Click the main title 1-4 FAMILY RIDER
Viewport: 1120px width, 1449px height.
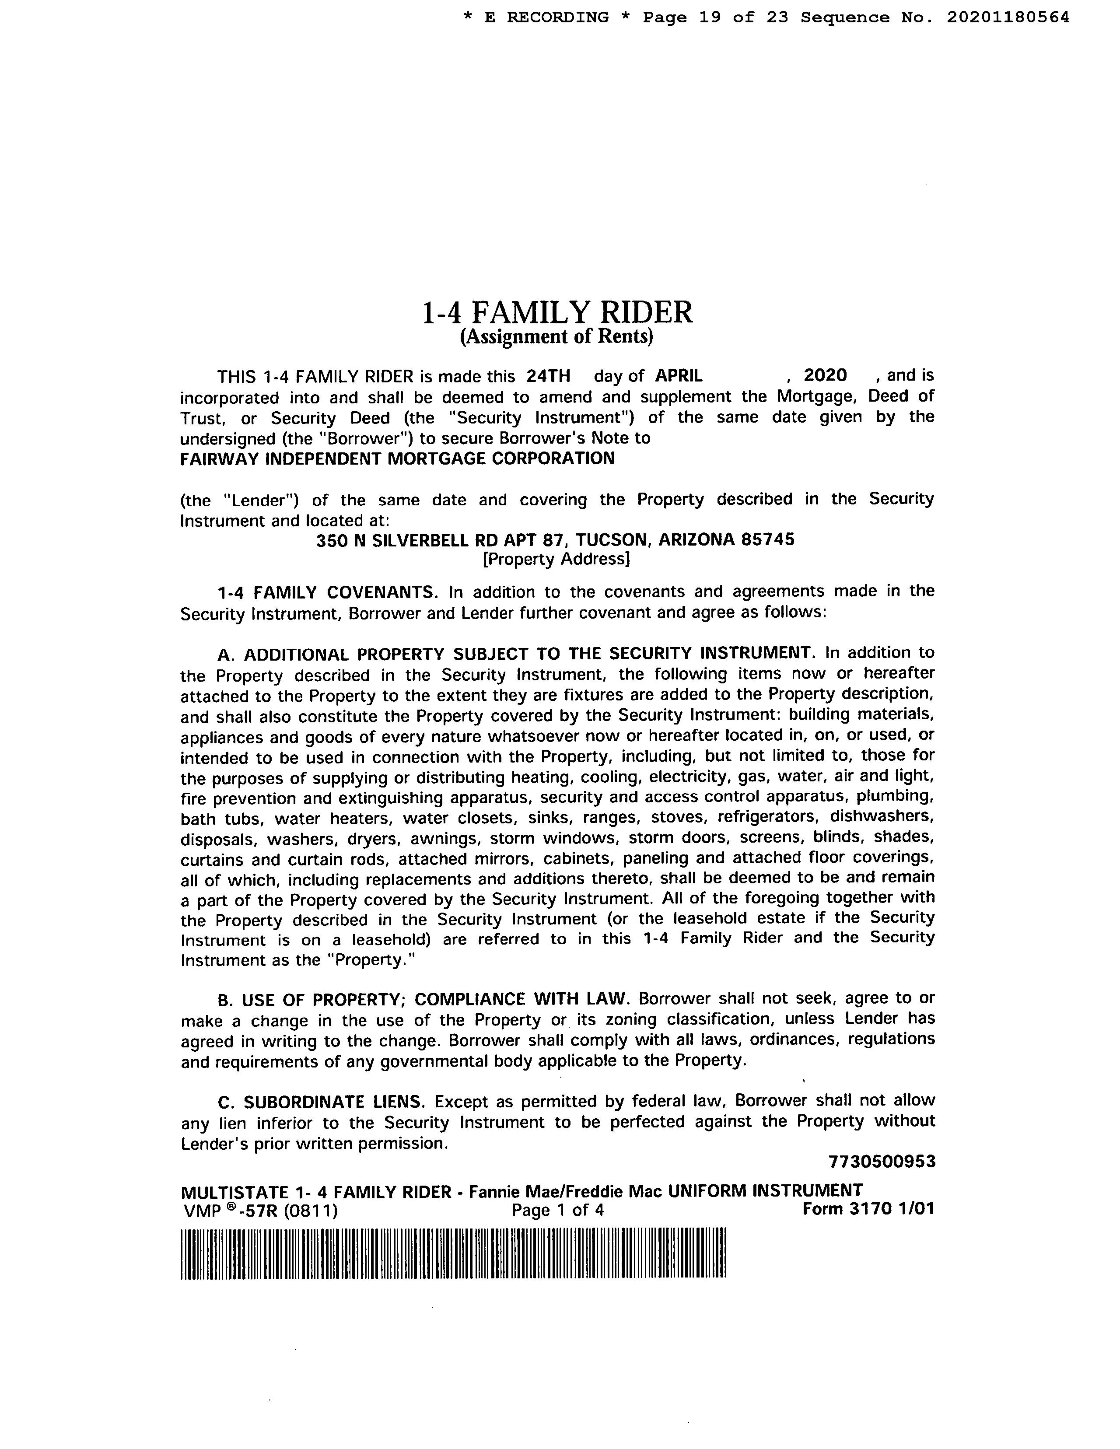557,312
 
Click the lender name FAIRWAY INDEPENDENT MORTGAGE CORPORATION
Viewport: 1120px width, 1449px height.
397,458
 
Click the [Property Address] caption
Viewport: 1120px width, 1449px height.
556,559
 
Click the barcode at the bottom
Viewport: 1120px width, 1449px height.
454,1253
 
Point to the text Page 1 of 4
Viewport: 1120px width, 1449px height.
557,1210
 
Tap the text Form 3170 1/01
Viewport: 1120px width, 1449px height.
868,1209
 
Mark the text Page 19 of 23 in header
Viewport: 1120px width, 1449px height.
715,17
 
